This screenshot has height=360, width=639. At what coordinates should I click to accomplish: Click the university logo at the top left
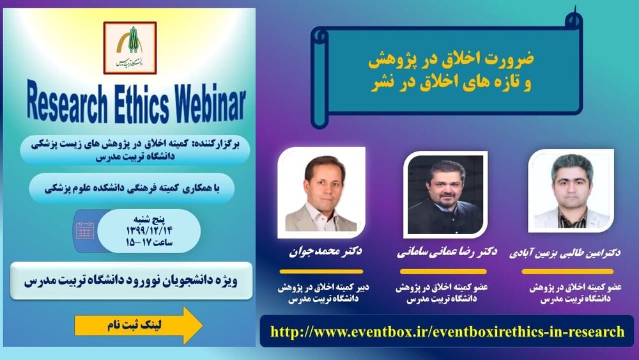coord(130,48)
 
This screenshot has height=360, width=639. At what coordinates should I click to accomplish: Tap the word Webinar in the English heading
coord(211,103)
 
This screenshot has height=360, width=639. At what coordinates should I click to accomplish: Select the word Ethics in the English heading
coord(141,103)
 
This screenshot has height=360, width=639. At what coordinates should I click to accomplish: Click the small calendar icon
coord(85,230)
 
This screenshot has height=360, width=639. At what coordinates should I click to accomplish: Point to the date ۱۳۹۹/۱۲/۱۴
coord(149,231)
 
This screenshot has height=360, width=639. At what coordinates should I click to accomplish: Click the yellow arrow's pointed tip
coord(203,325)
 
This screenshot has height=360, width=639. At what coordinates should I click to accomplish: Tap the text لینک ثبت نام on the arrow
coord(134,325)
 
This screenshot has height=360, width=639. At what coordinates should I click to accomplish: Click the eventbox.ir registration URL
coord(447,331)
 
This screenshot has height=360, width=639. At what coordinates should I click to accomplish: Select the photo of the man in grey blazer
coord(321,193)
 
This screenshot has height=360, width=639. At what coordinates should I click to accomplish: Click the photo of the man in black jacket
coord(445,195)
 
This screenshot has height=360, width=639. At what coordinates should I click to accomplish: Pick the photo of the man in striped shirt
coord(571,191)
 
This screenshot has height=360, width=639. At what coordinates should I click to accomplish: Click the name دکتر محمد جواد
coord(325,251)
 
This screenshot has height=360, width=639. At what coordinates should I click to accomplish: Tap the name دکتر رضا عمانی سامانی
coord(447,253)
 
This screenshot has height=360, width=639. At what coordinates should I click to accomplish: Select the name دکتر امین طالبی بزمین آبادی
coord(565,253)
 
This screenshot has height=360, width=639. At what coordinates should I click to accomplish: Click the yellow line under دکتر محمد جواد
coord(321,271)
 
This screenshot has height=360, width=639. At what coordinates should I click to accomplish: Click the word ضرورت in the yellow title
coord(510,59)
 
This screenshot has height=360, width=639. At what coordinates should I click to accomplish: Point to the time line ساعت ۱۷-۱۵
coord(149,242)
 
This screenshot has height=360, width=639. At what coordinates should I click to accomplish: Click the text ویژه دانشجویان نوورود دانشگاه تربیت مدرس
coord(130,281)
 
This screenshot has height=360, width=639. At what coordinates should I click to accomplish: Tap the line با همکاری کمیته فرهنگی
coord(132,189)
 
